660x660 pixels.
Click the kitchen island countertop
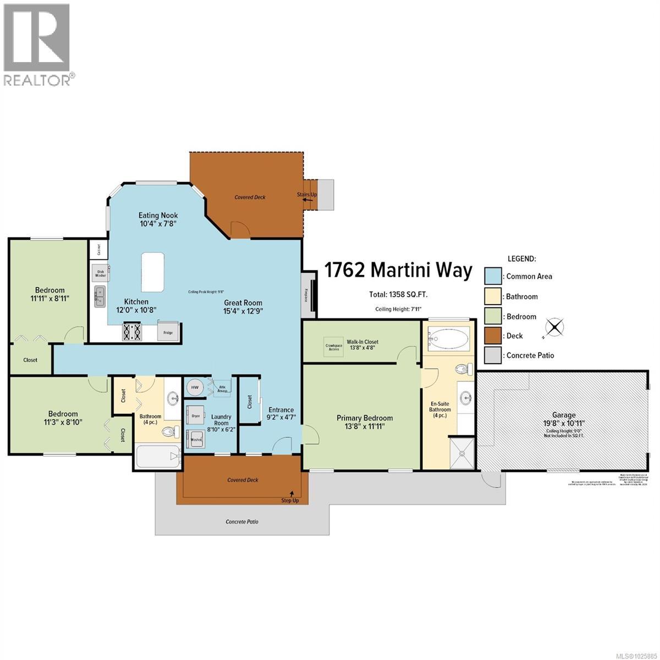pyautogui.click(x=152, y=272)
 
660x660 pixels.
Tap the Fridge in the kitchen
pyautogui.click(x=168, y=332)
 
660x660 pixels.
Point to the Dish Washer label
pyautogui.click(x=101, y=272)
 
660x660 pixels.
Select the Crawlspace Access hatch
pyautogui.click(x=334, y=347)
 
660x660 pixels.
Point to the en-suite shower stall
pyautogui.click(x=461, y=453)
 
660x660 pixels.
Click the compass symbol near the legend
pyautogui.click(x=555, y=328)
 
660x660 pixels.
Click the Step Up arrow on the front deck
pyautogui.click(x=291, y=493)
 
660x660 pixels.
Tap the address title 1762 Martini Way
pyautogui.click(x=398, y=271)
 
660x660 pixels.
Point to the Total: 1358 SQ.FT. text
pyautogui.click(x=398, y=295)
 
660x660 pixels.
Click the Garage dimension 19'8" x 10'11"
pyautogui.click(x=564, y=423)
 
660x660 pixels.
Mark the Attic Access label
pyautogui.click(x=223, y=387)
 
